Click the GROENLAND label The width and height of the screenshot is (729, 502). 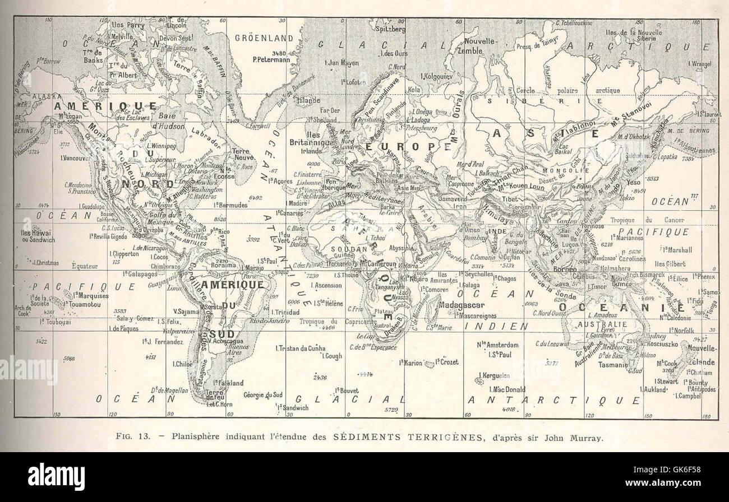(264, 38)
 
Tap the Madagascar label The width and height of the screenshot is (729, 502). (462, 305)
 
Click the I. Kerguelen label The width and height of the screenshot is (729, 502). (494, 375)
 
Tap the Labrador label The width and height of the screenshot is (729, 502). (206, 133)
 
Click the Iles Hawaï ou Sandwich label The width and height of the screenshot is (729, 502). (38, 236)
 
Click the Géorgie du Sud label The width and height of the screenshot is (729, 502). (262, 394)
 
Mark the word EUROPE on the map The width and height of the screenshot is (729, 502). (408, 146)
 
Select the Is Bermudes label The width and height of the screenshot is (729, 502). (230, 205)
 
